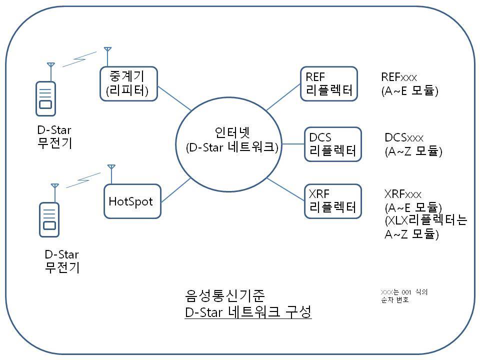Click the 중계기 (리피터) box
(x=128, y=83)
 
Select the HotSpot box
(x=132, y=201)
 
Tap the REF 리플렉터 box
(x=329, y=83)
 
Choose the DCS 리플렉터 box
(x=332, y=144)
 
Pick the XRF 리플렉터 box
(x=332, y=201)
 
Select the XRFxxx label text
(x=403, y=194)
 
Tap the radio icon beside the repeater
(x=45, y=97)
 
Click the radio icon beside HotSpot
(x=49, y=217)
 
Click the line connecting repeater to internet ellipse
(x=174, y=98)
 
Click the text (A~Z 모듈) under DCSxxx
(x=413, y=151)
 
